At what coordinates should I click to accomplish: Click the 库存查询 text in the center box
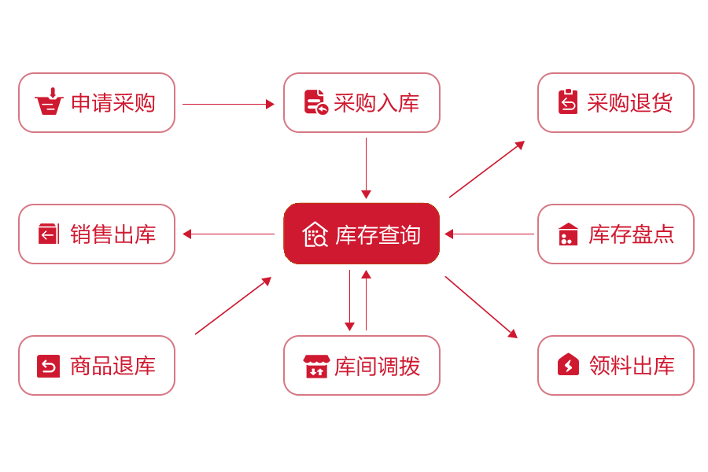tap(378, 234)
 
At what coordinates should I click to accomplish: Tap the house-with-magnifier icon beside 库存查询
tap(315, 234)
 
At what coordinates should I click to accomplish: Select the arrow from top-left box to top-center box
tap(229, 104)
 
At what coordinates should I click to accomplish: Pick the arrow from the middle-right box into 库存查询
tap(488, 234)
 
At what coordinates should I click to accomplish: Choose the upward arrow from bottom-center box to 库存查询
tap(366, 299)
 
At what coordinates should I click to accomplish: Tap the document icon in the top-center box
tap(316, 102)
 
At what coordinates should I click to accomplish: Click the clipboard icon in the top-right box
tap(568, 102)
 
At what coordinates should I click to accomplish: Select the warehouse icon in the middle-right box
tap(568, 234)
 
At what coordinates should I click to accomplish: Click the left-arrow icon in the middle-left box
tap(49, 234)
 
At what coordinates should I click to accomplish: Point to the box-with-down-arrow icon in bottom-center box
tap(316, 367)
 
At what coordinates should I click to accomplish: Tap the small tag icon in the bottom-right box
tap(568, 364)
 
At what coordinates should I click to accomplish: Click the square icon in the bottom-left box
tap(49, 366)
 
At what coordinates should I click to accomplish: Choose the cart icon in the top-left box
tap(50, 101)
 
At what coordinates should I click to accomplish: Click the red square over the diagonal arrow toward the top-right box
tap(484, 171)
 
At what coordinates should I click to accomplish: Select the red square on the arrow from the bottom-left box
tap(232, 308)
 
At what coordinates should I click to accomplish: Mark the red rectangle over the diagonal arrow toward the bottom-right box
tap(478, 304)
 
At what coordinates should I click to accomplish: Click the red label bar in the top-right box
tap(629, 102)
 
